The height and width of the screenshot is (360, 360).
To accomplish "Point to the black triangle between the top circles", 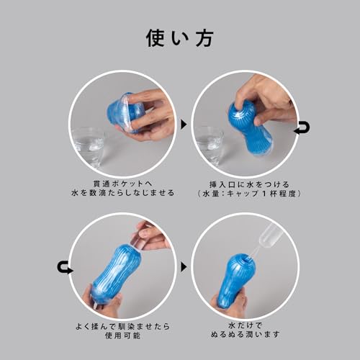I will coord(183,125).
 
